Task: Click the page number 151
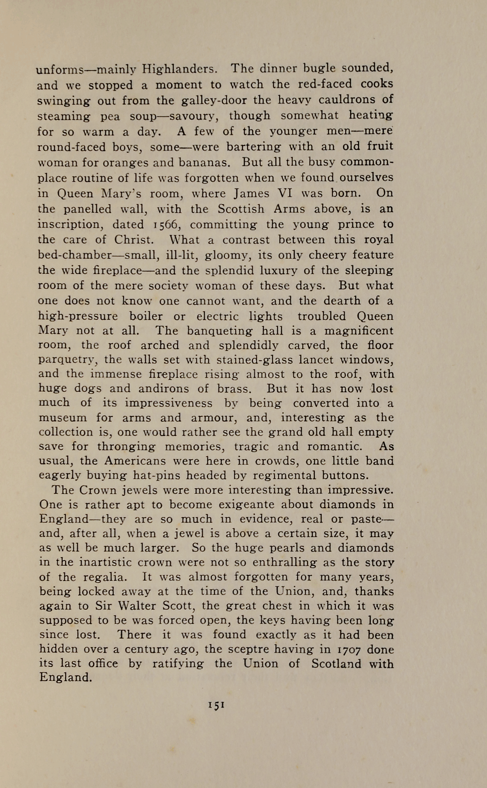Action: pos(216,705)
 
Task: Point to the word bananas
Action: pos(203,163)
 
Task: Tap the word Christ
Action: pos(134,239)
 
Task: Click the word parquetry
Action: pos(68,360)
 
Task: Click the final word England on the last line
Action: pos(65,678)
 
